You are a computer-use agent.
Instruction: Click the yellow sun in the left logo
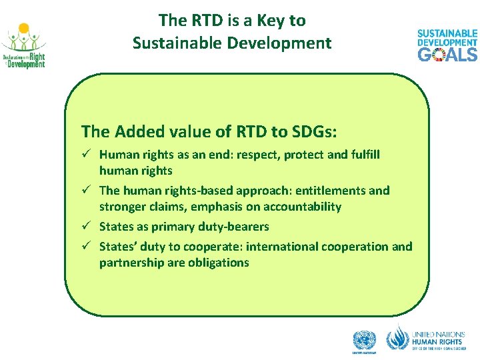pyautogui.click(x=24, y=29)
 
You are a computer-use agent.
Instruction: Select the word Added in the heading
pyautogui.click(x=136, y=130)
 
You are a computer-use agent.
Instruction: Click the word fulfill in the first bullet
pyautogui.click(x=364, y=155)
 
